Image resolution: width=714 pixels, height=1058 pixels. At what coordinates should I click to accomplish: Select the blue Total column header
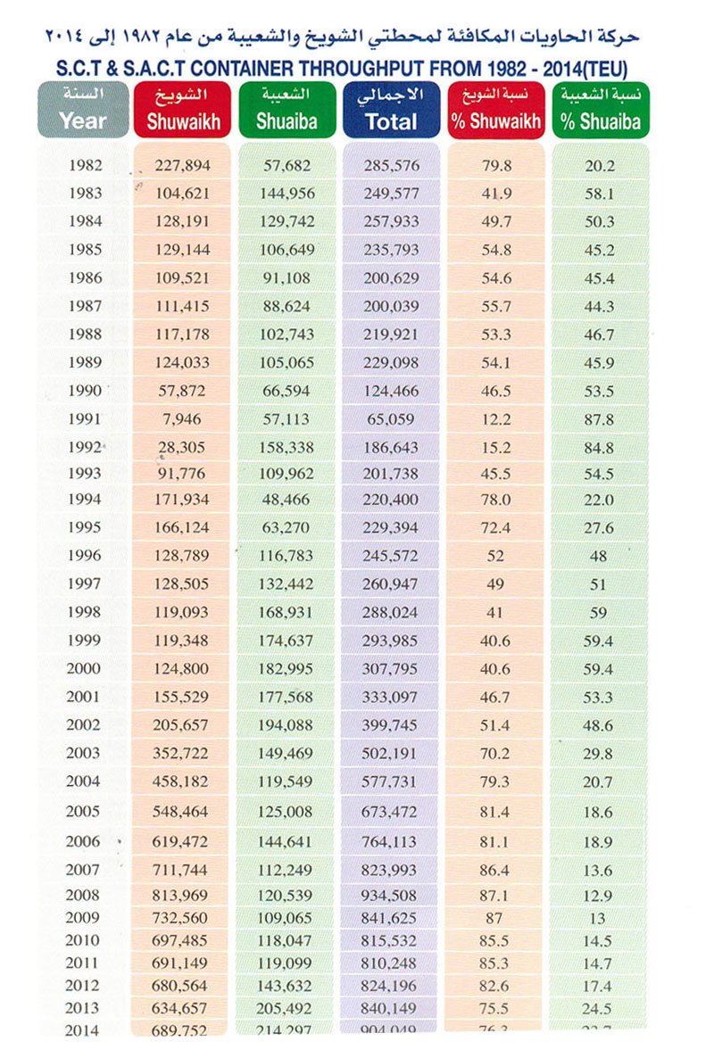pos(391,109)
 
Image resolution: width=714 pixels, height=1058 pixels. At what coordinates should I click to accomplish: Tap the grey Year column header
pos(82,109)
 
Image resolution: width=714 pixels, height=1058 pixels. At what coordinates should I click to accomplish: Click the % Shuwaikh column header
pos(495,109)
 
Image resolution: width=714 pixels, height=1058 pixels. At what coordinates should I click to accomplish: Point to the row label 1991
pos(85,418)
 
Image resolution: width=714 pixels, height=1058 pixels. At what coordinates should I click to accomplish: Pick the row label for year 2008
pos(85,895)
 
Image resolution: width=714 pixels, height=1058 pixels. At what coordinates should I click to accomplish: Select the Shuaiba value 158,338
pos(287,445)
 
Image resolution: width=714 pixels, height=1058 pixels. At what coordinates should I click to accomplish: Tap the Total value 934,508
pos(391,895)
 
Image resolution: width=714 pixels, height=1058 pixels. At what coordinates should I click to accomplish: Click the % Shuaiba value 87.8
pos(598,418)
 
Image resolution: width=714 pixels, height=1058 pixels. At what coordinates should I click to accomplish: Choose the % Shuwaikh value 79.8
pos(495,165)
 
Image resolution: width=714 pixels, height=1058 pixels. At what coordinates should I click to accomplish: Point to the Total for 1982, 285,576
pos(391,165)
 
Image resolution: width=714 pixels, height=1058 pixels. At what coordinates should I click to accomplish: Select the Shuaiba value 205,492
pos(287,1009)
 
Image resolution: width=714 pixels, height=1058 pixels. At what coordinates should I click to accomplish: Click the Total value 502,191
pos(391,753)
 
